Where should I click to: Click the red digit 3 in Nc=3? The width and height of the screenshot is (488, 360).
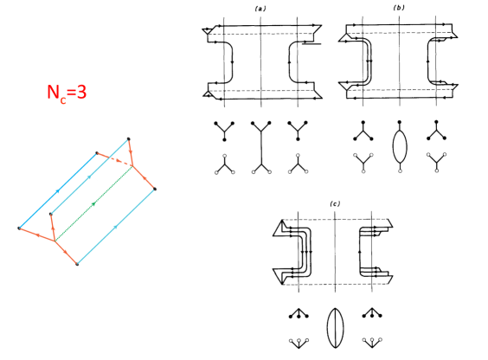coord(81,92)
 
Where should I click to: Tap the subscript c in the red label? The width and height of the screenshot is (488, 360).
coord(63,100)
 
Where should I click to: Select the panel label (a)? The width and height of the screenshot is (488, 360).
coord(260,9)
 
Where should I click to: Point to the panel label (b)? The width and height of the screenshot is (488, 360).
coord(399,8)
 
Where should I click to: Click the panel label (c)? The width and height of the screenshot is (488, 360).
coord(335,204)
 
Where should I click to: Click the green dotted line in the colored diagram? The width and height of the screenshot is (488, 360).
coord(93,204)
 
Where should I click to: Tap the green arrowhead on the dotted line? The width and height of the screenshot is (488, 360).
coord(93,204)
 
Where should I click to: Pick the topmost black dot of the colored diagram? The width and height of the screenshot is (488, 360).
coord(129,138)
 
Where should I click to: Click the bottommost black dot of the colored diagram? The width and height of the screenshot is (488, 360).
coord(77,264)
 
